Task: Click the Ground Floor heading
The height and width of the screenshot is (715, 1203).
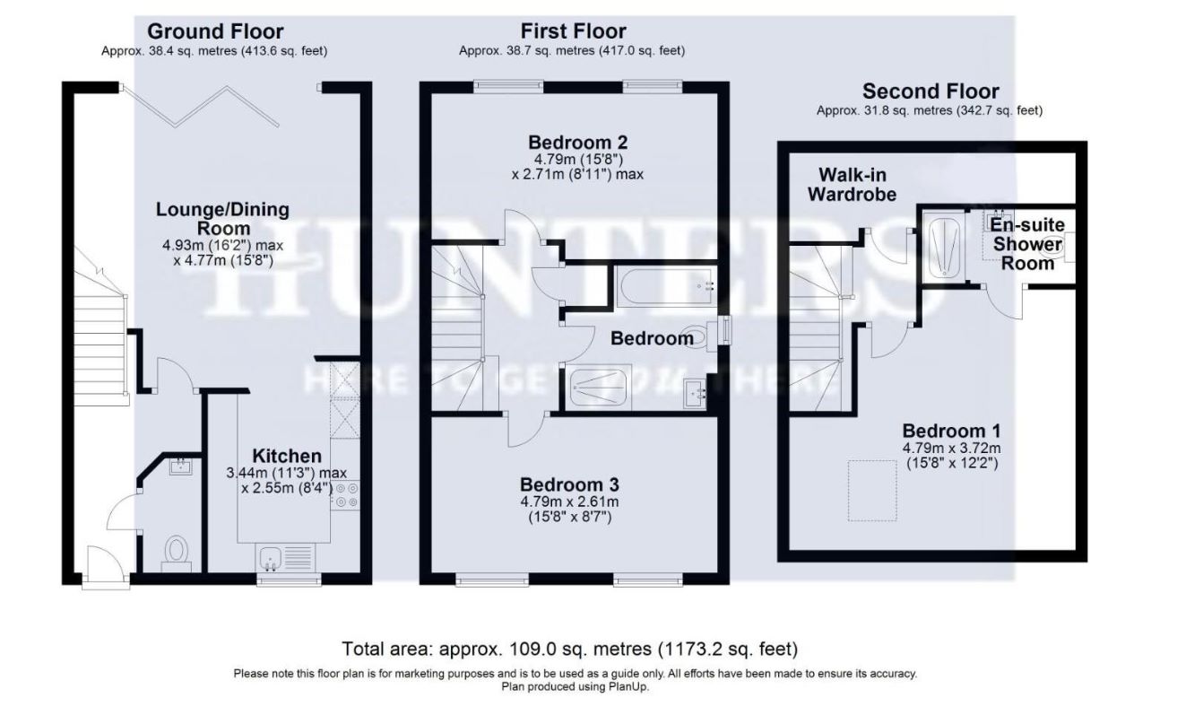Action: coord(215,31)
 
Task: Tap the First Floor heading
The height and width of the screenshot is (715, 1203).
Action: coord(573,31)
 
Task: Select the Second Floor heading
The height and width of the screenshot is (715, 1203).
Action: coord(930,92)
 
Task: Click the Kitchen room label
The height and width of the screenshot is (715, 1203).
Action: coord(287,456)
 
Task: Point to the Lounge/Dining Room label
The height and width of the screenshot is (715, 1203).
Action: coord(223,218)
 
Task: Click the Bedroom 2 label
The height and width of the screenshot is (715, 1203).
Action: coord(578,143)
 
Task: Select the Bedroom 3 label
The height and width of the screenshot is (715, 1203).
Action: coord(569,484)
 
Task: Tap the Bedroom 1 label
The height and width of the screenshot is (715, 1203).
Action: coord(951,431)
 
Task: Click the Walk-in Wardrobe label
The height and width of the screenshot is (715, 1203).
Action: coord(852,185)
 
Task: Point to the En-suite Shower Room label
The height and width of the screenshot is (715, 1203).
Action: coord(1027,243)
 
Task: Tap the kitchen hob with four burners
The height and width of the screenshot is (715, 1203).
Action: coord(345,495)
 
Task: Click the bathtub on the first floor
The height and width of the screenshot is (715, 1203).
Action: coord(666,286)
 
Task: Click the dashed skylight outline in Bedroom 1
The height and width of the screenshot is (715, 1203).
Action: coord(872,491)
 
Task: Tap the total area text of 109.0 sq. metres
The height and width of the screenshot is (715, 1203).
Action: coord(570,649)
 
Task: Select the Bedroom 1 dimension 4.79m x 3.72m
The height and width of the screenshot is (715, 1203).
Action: coord(951,448)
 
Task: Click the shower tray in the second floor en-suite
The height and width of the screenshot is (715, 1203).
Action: coord(944,244)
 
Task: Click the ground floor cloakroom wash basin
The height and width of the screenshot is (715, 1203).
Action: coord(180,466)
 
